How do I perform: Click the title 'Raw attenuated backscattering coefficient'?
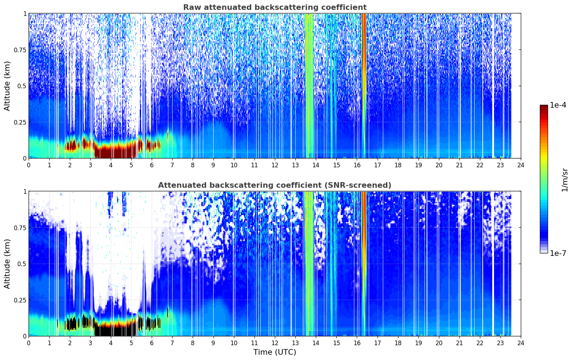pyautogui.click(x=275, y=7)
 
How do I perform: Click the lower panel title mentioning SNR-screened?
pyautogui.click(x=275, y=185)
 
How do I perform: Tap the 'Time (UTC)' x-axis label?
pyautogui.click(x=275, y=352)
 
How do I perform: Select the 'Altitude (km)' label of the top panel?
pyautogui.click(x=7, y=86)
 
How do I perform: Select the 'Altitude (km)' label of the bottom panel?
pyautogui.click(x=7, y=264)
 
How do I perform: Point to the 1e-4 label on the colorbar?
pyautogui.click(x=558, y=105)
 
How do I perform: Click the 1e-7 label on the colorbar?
pyautogui.click(x=558, y=253)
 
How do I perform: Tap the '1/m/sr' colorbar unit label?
pyautogui.click(x=565, y=180)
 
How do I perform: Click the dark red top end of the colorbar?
pyautogui.click(x=544, y=107)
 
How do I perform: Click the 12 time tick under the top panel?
pyautogui.click(x=275, y=165)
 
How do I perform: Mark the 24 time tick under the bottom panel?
pyautogui.click(x=521, y=343)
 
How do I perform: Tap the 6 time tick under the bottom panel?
pyautogui.click(x=152, y=343)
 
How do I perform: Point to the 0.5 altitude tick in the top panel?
pyautogui.click(x=22, y=86)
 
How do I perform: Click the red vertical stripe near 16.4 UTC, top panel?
pyautogui.click(x=364, y=86)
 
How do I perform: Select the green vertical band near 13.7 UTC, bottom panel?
pyautogui.click(x=309, y=264)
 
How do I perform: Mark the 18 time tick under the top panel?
pyautogui.click(x=398, y=165)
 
